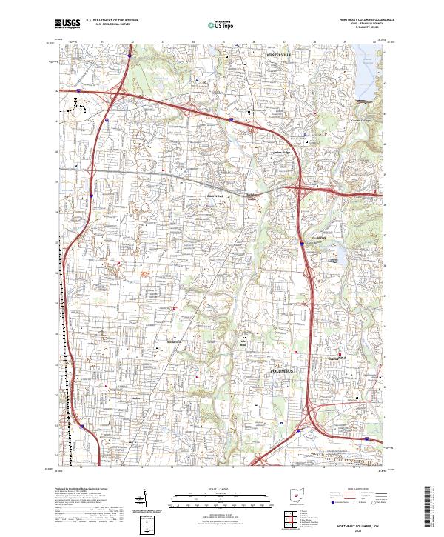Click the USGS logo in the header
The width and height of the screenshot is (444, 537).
click(68, 24)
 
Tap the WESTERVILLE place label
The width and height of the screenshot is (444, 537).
click(282, 55)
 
